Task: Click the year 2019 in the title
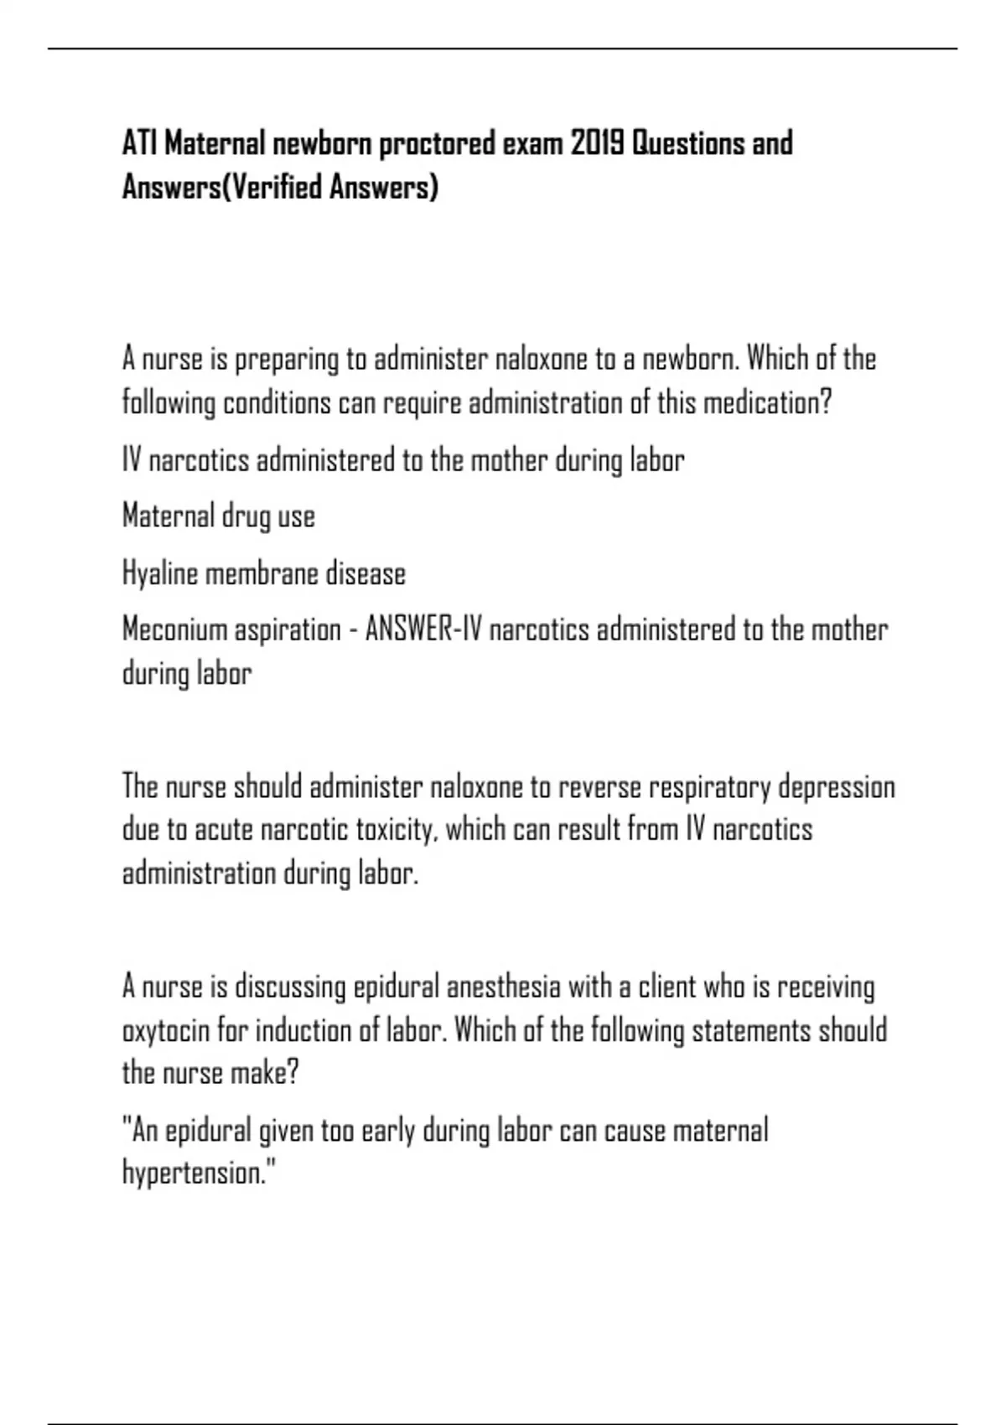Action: click(x=597, y=144)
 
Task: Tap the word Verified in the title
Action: click(x=275, y=187)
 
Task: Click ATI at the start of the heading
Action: click(x=140, y=144)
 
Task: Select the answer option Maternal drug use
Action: click(x=219, y=516)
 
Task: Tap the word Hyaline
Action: click(x=160, y=574)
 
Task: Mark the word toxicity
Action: click(x=396, y=830)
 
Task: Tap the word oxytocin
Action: click(x=165, y=1030)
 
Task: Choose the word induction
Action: click(x=303, y=1030)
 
